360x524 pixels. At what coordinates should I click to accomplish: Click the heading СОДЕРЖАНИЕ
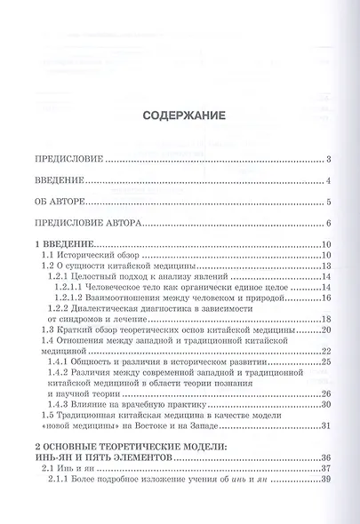pyautogui.click(x=180, y=115)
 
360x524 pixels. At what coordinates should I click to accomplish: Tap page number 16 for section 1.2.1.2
pyautogui.click(x=326, y=299)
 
